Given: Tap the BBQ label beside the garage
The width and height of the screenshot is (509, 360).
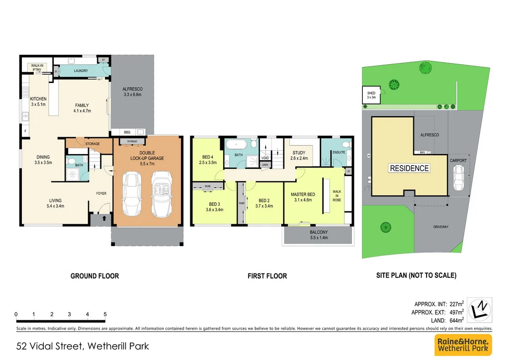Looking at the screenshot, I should point(127,132).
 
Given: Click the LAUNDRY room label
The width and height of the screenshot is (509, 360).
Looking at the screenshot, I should point(81,71).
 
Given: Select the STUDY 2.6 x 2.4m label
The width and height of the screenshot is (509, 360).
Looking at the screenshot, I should point(299,156).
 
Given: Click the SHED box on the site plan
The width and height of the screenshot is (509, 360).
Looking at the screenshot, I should point(371,95).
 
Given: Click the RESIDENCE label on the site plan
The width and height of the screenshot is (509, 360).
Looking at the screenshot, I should point(409,168).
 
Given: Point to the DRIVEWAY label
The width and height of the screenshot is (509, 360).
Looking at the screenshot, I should point(440,227).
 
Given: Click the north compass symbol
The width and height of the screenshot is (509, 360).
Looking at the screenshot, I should point(480,309).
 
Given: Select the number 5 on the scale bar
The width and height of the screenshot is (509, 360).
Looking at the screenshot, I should point(105,314).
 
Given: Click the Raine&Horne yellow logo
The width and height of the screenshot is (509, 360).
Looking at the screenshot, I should point(463,345).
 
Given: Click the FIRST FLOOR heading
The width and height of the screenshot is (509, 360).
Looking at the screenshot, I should point(267,276).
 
